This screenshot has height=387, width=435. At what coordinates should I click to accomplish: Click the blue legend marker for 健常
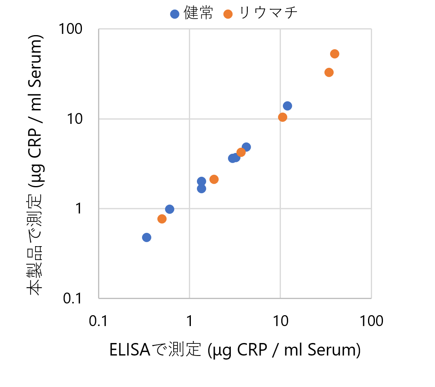(175, 14)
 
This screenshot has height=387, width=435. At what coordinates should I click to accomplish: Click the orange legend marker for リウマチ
(228, 14)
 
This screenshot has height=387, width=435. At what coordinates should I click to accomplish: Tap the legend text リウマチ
(268, 14)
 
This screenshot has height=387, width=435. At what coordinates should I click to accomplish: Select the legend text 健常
(198, 14)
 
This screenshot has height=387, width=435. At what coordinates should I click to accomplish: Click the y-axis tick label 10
(76, 119)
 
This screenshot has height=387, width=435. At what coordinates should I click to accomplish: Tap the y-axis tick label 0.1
(73, 299)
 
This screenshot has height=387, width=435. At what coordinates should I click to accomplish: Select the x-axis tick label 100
(371, 322)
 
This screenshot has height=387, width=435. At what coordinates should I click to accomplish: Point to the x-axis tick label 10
(280, 322)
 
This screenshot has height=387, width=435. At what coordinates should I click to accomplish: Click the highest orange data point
(335, 54)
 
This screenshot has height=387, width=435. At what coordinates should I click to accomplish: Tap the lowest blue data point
(146, 237)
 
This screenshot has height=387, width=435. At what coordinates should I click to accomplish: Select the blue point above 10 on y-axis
(287, 106)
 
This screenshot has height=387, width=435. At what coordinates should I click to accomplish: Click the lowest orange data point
(162, 219)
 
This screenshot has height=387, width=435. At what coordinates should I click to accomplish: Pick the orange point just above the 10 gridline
(282, 117)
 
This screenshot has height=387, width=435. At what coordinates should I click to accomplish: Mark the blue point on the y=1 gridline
(169, 209)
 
